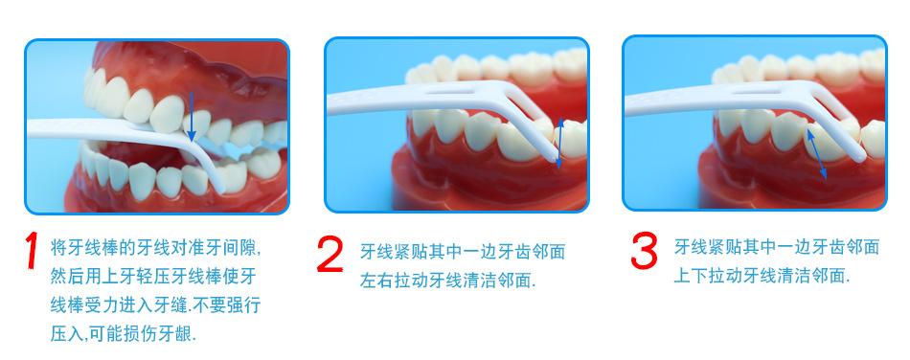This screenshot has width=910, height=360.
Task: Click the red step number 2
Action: click(330, 254)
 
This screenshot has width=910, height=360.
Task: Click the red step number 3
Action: click(645, 251)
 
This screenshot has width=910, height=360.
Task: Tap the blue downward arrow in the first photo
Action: click(192, 118)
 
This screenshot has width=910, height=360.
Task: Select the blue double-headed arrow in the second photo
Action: click(560, 143)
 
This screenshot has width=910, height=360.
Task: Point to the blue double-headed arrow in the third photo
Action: click(816, 153)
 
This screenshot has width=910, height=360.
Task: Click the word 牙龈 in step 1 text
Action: click(174, 334)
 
